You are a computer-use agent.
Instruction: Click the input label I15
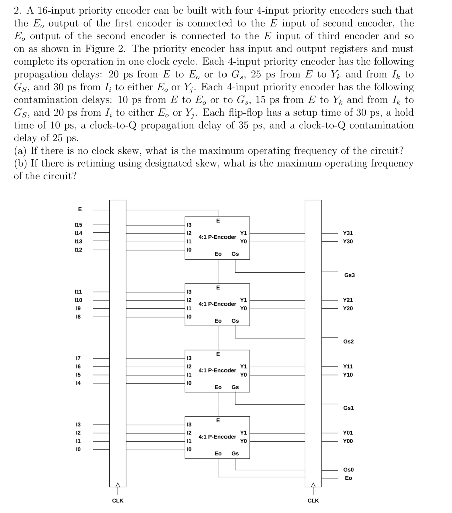click(79, 225)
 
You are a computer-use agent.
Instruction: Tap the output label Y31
click(348, 233)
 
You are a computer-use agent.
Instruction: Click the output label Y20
click(348, 308)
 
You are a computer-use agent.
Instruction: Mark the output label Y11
click(348, 366)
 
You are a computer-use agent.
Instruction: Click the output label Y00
click(348, 441)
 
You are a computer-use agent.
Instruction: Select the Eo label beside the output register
click(348, 478)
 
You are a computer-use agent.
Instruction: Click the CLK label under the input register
click(118, 500)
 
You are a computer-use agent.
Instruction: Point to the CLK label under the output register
click(313, 500)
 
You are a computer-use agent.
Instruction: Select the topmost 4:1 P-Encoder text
click(217, 237)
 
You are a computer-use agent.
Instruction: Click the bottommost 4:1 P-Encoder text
click(217, 436)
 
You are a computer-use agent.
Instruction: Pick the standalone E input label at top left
click(79, 209)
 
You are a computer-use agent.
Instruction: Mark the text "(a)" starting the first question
click(21, 151)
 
